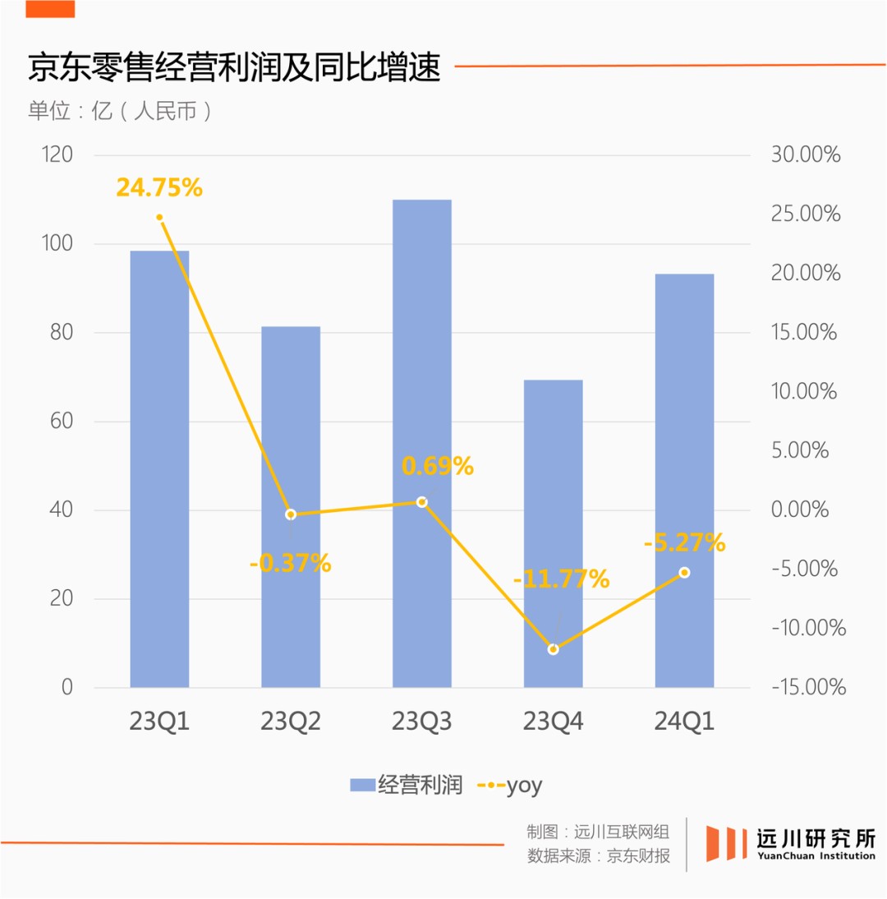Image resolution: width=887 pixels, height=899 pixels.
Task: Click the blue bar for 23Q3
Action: [x=421, y=444]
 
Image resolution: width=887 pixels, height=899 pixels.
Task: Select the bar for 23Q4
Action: [x=553, y=534]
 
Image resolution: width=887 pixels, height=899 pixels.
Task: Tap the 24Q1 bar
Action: [x=684, y=481]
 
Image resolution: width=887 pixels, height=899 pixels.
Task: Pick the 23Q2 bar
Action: [x=291, y=507]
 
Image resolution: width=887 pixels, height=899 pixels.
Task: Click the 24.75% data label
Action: [x=159, y=187]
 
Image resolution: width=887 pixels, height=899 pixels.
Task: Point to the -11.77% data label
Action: [x=561, y=579]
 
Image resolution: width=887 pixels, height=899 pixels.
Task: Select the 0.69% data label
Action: [x=438, y=466]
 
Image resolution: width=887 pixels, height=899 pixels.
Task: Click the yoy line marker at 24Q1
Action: [x=684, y=573]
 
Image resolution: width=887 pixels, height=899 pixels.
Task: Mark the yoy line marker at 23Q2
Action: [x=290, y=514]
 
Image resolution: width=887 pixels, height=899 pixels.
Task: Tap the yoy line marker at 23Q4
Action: [x=553, y=649]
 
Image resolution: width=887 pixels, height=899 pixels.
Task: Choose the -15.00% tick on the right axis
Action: [x=808, y=687]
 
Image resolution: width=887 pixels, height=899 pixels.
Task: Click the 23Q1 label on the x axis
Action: [x=159, y=722]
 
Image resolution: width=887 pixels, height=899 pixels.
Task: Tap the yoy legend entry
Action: [x=510, y=786]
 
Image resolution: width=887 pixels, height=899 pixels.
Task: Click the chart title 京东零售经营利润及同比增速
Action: [x=234, y=67]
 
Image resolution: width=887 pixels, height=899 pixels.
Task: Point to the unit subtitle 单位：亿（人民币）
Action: [x=121, y=111]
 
